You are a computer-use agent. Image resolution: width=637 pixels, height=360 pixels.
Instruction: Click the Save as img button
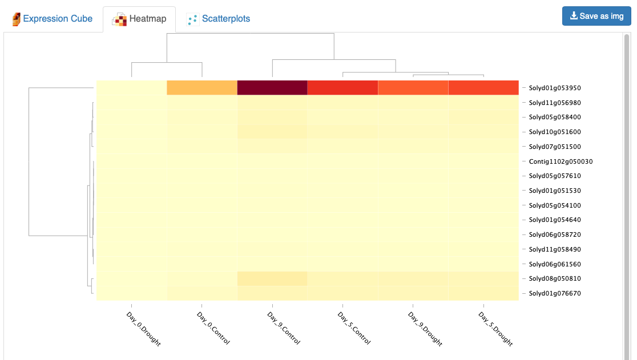tap(596, 16)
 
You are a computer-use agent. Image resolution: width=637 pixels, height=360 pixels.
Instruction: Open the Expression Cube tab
tap(53, 19)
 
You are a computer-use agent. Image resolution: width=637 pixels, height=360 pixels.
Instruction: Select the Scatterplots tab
tap(218, 19)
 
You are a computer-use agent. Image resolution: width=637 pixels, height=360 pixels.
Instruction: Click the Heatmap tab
tap(139, 19)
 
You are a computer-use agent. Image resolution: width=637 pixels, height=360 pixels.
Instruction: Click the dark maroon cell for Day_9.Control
tap(272, 88)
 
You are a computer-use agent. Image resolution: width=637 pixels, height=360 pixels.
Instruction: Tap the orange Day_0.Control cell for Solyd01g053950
tap(202, 88)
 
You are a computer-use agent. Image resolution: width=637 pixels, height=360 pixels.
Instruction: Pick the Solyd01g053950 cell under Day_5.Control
tap(342, 88)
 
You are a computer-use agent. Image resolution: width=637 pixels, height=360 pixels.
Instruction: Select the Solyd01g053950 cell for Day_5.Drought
tap(483, 88)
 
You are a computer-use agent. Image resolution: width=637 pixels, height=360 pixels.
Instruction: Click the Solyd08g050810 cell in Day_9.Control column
tap(272, 278)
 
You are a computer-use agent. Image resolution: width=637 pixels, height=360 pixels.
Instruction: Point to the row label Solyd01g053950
tap(555, 88)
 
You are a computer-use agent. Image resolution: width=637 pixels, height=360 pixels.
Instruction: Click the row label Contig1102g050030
tap(561, 161)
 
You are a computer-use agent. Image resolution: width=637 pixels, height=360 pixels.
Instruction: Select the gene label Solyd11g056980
tap(555, 103)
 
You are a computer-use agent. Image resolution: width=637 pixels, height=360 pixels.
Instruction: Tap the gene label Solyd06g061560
tap(555, 264)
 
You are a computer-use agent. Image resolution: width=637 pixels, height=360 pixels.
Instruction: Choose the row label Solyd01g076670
tap(555, 293)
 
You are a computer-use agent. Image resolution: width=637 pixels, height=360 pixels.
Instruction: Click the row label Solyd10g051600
tap(555, 132)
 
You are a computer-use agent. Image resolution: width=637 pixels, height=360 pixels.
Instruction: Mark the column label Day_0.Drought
tap(143, 329)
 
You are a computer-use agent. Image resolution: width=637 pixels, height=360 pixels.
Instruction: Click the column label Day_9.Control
tap(284, 328)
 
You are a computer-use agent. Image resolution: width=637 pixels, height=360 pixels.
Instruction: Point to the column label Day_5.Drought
tap(495, 329)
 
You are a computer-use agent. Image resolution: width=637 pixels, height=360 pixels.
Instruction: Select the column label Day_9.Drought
tap(425, 329)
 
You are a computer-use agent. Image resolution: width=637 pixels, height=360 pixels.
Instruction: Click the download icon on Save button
tap(574, 15)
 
